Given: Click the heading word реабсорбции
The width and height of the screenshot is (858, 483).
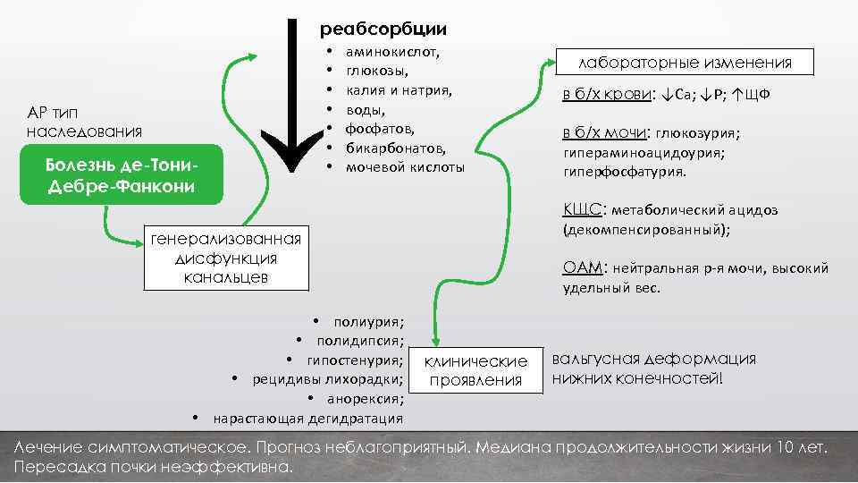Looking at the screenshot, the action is (x=383, y=29).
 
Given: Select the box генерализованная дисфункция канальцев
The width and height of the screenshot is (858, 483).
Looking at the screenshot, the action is (x=226, y=258).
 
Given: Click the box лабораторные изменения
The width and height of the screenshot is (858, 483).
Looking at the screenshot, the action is (x=686, y=62).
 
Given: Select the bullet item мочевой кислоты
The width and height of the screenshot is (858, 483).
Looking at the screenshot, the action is (x=405, y=167).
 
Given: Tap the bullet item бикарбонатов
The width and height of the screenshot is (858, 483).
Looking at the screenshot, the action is (x=395, y=148).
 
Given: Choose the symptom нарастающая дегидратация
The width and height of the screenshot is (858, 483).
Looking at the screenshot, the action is (x=307, y=419).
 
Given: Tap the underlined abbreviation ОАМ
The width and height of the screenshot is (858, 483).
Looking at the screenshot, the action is (x=583, y=267).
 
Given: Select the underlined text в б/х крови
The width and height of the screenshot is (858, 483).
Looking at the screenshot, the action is (x=607, y=96).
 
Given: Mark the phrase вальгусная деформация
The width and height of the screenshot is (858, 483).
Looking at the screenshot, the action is (x=653, y=359).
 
